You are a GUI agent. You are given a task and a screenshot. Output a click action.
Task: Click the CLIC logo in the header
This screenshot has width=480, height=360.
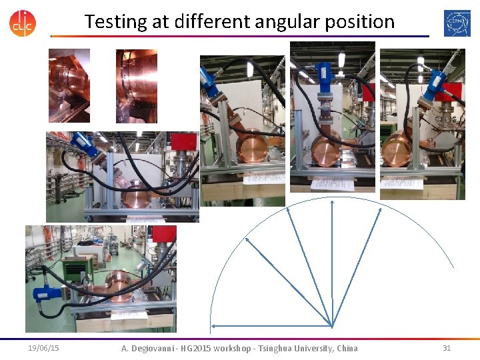point(23,22)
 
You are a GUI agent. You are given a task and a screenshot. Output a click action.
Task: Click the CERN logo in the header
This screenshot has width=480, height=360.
point(457,22)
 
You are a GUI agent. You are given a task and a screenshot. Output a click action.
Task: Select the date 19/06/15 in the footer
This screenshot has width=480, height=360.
point(43,348)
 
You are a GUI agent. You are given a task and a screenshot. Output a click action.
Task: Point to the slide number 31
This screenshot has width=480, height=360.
point(447,348)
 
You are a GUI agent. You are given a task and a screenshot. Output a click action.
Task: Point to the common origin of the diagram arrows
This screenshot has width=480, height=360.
point(331,326)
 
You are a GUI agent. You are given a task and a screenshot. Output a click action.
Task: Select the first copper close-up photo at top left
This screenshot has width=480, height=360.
point(69,85)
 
